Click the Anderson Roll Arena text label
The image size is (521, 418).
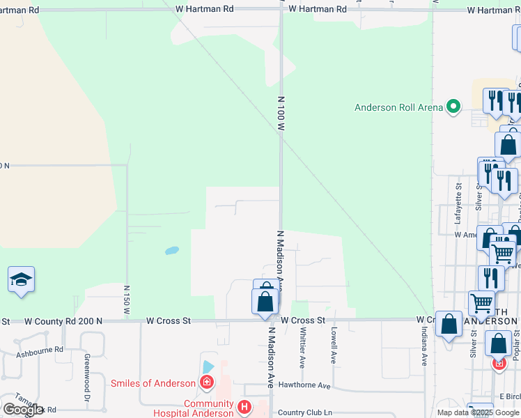point(398,107)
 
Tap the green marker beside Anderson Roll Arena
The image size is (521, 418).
point(453,107)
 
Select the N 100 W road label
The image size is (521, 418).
point(281,114)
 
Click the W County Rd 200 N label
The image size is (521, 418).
point(64,321)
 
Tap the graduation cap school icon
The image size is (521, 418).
point(21,280)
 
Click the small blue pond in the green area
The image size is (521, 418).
point(171,250)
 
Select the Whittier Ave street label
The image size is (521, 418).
point(302,348)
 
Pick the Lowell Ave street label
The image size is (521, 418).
point(334,345)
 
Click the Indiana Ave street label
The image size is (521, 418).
point(423,347)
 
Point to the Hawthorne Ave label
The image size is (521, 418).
point(304,385)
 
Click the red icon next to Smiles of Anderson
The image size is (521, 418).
point(205,382)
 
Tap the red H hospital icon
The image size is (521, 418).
point(243,406)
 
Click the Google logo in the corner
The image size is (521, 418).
point(23,410)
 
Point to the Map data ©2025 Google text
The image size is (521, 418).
point(478,412)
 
